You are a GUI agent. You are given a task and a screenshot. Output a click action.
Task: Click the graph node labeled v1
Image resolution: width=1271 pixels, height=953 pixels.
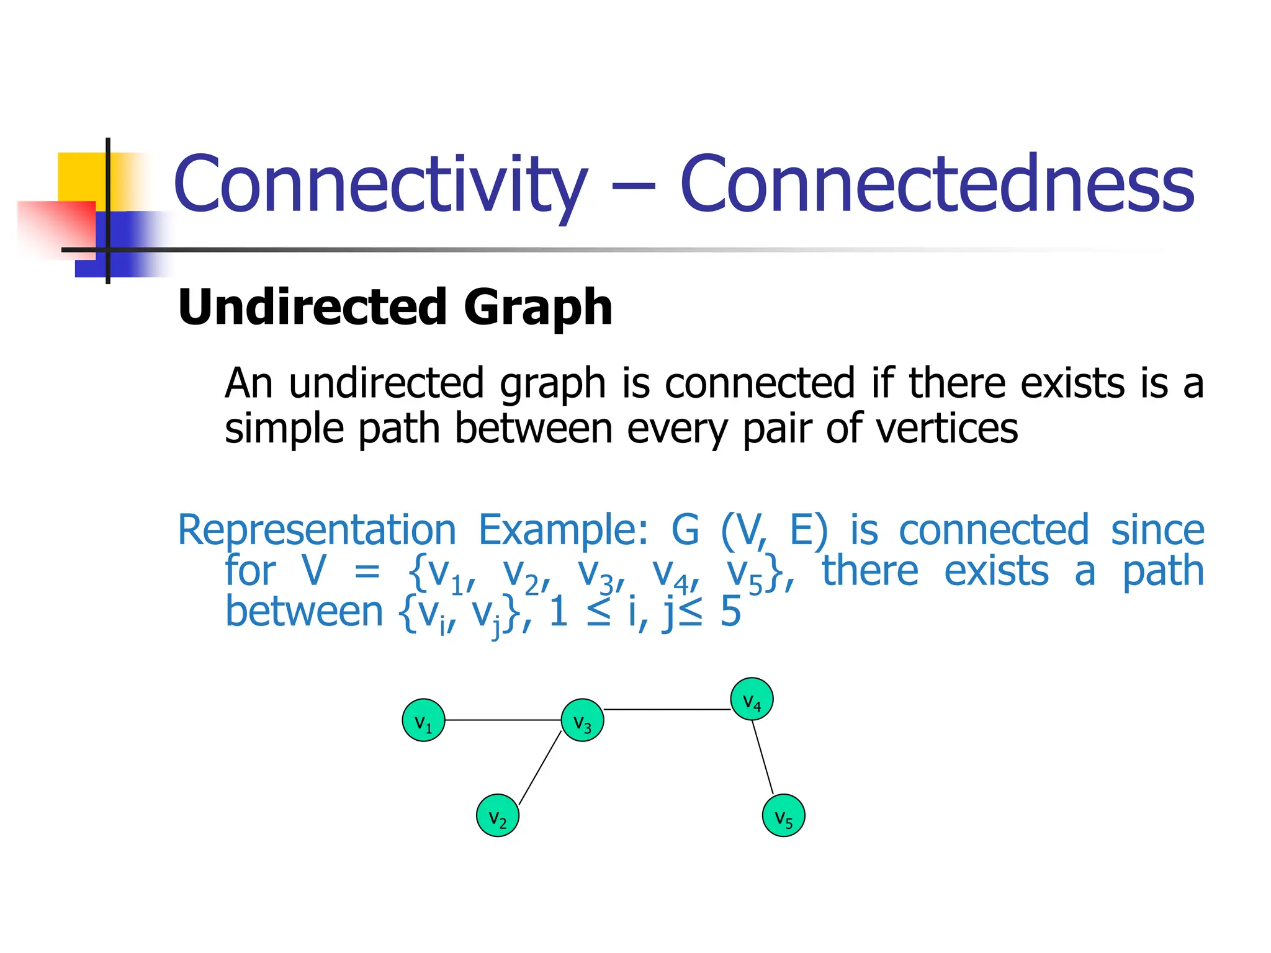tap(423, 720)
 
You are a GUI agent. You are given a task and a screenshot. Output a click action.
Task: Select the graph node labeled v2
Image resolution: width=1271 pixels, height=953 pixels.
tap(498, 815)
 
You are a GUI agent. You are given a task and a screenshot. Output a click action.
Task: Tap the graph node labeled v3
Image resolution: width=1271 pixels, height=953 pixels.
tap(582, 720)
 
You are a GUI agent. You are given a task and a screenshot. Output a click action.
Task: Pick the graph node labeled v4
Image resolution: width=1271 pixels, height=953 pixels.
tap(752, 699)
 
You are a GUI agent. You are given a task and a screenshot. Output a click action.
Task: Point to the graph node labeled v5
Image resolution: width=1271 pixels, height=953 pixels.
tap(783, 815)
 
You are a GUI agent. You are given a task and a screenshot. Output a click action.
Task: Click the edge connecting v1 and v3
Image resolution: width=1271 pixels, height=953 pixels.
tap(503, 720)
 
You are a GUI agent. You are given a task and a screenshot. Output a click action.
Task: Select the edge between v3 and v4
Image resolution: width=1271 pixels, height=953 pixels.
tap(667, 709)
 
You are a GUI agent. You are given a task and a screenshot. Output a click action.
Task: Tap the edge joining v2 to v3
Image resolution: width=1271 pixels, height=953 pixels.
tap(540, 768)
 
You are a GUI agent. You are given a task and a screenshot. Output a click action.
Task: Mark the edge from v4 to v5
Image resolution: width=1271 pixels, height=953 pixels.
tap(763, 757)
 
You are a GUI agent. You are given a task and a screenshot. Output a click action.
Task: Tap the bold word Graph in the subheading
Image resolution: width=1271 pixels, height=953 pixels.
tap(538, 308)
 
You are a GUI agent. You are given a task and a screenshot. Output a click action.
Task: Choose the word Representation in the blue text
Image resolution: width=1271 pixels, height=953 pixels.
tap(317, 530)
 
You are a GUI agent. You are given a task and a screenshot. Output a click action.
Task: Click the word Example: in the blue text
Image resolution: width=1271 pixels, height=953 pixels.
tap(564, 530)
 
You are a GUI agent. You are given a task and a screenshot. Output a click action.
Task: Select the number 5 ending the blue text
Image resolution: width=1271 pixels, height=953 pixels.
tap(730, 612)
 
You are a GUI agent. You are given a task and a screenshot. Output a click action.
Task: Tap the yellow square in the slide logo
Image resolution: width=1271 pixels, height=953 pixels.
tap(81, 176)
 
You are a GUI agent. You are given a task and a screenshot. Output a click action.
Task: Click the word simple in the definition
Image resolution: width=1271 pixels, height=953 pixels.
tap(284, 429)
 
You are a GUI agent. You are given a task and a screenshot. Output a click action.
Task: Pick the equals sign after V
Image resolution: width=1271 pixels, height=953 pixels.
tap(367, 572)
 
